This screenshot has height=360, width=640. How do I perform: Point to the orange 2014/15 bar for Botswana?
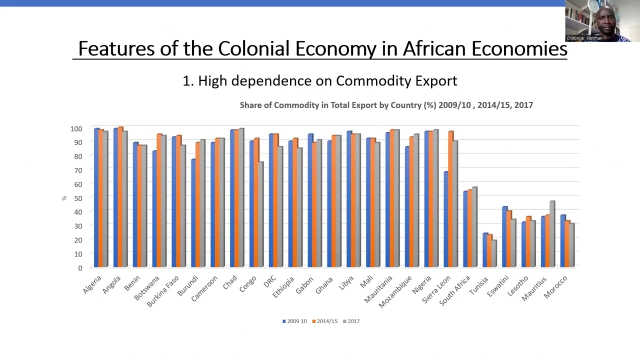tap(159, 200)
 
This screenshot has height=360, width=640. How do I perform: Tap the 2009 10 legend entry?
tap(294, 321)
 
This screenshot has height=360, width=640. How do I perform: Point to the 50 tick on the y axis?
tap(76, 198)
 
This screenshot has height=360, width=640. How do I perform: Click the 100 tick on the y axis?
tap(76, 128)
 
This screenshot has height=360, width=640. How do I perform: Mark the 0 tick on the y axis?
tap(80, 268)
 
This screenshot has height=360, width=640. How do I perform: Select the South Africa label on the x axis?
tap(455, 290)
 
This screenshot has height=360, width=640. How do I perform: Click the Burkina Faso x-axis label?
tap(162, 291)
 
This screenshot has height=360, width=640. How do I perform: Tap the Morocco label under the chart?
tap(555, 287)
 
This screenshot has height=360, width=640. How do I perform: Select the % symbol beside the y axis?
tap(64, 198)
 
